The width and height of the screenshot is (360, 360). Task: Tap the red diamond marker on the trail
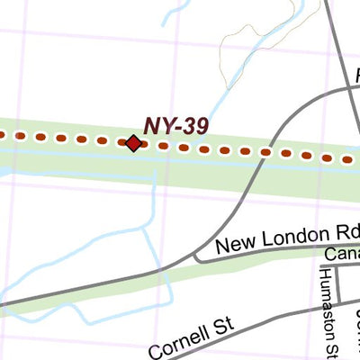133,142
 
